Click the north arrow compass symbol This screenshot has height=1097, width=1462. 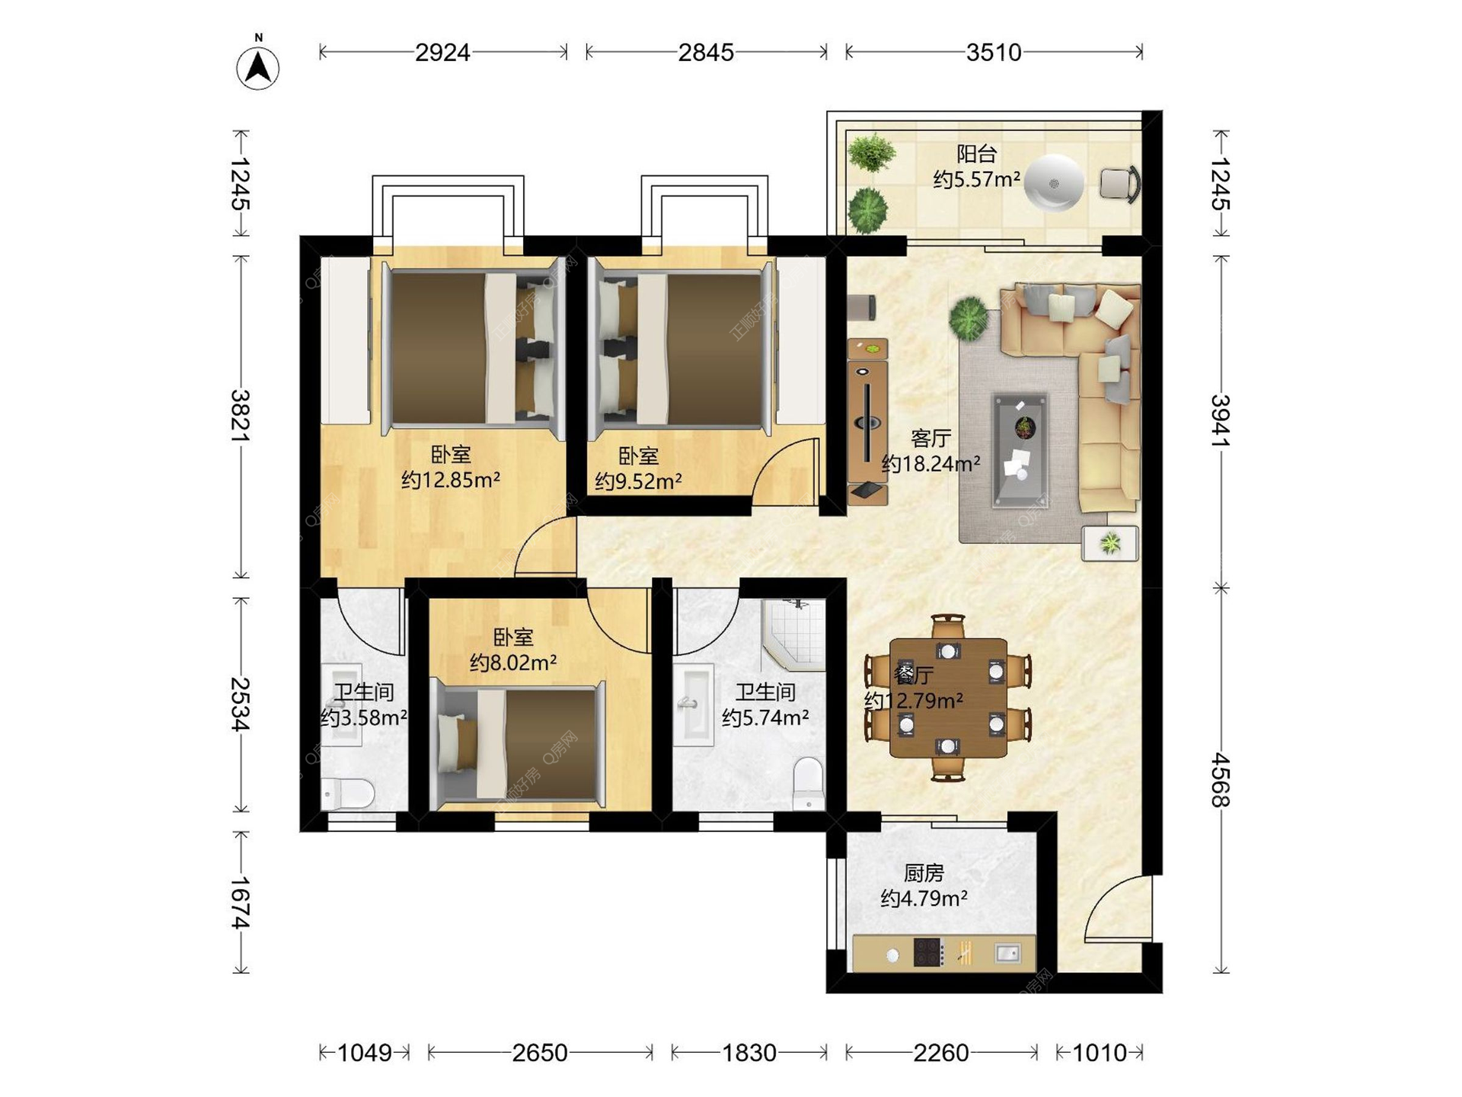point(258,67)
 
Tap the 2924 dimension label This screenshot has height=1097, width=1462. point(442,53)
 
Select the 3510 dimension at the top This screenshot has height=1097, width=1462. point(994,53)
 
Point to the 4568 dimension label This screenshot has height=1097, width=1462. point(1221,779)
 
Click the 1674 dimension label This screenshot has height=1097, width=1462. point(241,903)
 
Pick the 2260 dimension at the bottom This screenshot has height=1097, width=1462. point(941,1053)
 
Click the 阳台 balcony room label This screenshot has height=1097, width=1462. point(976,154)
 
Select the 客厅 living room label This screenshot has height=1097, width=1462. point(931,438)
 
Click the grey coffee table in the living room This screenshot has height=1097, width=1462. point(1020,450)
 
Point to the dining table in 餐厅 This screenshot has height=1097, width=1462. point(948,698)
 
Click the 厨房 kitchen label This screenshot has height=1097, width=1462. point(924,873)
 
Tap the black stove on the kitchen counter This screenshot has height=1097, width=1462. point(928,952)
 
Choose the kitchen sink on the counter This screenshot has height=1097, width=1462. point(1007,952)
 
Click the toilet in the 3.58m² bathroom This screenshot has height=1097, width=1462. point(347,794)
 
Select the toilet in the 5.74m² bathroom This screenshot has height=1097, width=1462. point(808,782)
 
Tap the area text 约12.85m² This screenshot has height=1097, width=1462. point(451,480)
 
